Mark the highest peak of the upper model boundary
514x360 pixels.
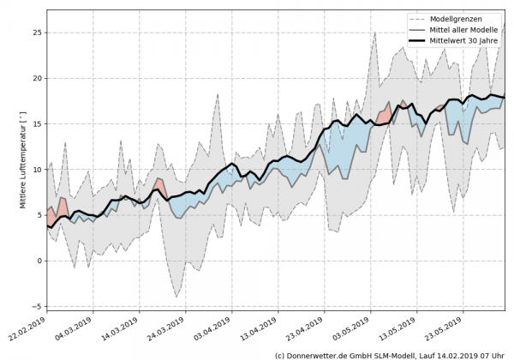(x=504, y=23)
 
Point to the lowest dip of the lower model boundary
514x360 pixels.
(x=177, y=297)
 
